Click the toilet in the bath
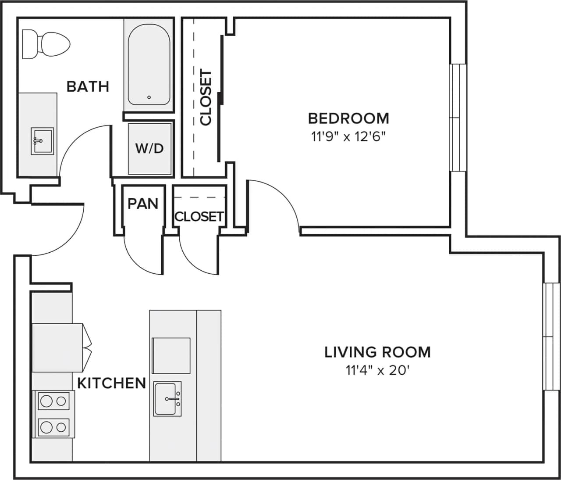46,44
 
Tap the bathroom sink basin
42,140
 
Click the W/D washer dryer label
149,148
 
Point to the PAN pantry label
143,204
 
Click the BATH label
88,86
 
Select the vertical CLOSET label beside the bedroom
206,97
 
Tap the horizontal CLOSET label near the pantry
199,216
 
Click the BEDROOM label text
348,118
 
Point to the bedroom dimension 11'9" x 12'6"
348,137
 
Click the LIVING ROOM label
377,352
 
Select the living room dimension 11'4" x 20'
377,371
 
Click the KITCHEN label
111,383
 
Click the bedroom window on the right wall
458,118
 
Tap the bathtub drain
149,97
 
